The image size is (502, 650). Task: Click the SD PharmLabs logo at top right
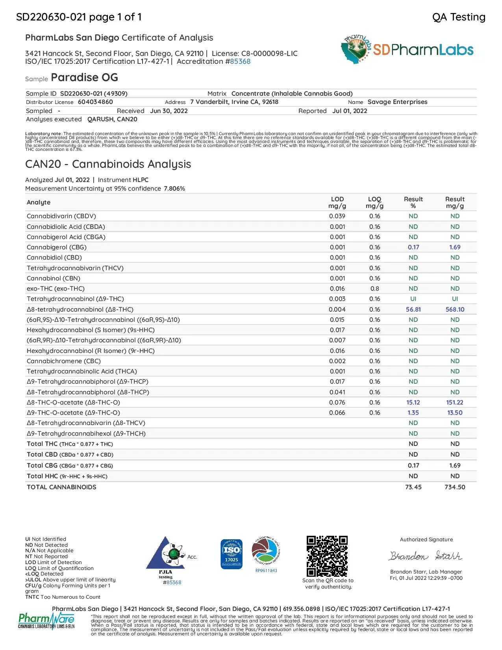tap(407, 50)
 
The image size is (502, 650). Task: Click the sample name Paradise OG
tap(84, 77)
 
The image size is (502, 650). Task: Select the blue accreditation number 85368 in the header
tap(240, 61)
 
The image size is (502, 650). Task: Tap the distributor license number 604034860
tap(95, 102)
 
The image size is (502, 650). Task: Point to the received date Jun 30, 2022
tap(169, 111)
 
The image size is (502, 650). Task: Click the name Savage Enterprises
tap(397, 102)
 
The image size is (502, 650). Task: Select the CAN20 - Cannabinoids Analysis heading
tap(108, 164)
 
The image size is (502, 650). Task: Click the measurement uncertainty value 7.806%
tap(174, 189)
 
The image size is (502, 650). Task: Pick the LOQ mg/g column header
tap(374, 202)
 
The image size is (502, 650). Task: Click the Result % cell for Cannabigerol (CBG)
tap(413, 247)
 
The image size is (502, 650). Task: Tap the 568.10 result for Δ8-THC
tap(455, 310)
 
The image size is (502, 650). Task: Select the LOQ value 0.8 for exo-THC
tap(374, 289)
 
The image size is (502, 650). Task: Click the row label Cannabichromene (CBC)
tap(64, 361)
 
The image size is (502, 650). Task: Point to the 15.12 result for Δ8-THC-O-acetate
tap(413, 403)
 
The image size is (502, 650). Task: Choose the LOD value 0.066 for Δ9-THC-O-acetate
tap(337, 413)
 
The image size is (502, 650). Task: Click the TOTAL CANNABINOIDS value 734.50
tap(455, 487)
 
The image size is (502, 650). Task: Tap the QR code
tap(327, 556)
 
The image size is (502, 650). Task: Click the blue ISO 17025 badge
tap(232, 554)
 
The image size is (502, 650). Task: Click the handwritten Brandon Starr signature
tap(426, 556)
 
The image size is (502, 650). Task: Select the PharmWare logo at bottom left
tap(46, 621)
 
